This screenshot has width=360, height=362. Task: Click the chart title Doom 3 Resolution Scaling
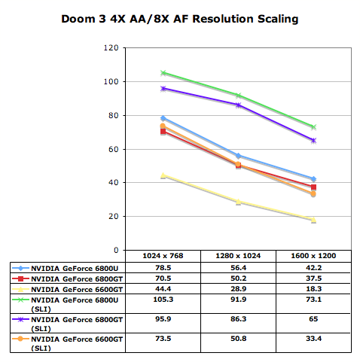point(180,19)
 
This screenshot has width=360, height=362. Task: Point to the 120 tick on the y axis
point(111,47)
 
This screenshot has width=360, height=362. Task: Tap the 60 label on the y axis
point(114,149)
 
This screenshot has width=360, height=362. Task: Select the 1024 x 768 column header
point(163,256)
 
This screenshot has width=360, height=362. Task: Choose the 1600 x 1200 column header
point(313,256)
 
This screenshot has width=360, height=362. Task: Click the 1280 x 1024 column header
point(238,256)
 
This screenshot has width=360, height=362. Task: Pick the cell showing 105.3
point(163,300)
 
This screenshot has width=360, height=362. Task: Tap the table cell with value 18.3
point(314,289)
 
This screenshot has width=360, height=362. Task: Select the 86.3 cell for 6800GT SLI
point(239,319)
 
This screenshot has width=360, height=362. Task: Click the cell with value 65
point(313,319)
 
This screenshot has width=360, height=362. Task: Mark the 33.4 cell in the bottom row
point(314,339)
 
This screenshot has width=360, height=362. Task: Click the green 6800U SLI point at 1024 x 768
point(163,73)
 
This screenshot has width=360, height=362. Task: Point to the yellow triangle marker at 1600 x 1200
point(313,220)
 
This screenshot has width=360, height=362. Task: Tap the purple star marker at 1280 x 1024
point(238,105)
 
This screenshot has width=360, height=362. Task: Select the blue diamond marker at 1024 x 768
point(163,118)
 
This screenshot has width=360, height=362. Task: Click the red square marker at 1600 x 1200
point(313,187)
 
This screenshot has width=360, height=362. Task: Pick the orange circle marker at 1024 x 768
point(163,126)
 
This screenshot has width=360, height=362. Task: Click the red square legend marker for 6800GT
point(20,278)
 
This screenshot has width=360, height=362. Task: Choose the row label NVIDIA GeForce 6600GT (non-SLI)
point(77,290)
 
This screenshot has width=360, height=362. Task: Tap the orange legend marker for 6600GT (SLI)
point(20,339)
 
